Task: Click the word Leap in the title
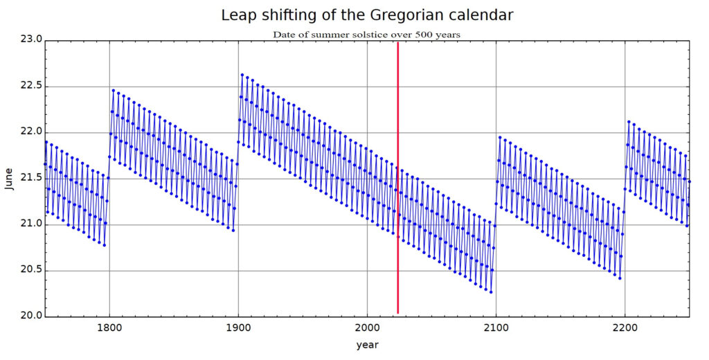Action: pyautogui.click(x=236, y=15)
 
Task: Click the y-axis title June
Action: pyautogui.click(x=9, y=179)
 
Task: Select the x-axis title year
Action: pyautogui.click(x=368, y=344)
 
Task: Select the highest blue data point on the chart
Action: pyautogui.click(x=242, y=74)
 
